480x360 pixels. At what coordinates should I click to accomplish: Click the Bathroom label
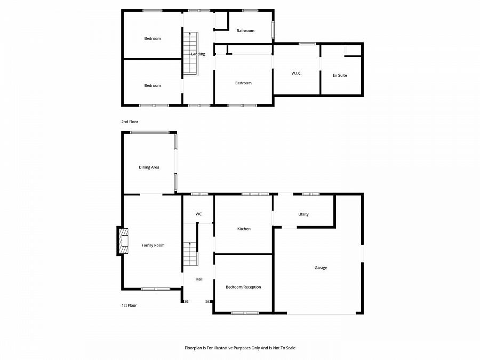point(245,31)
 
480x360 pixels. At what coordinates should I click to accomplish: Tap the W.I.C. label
point(297,73)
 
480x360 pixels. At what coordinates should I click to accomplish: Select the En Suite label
point(340,75)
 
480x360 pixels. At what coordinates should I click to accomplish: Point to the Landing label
point(198,54)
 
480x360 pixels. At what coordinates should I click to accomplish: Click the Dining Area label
point(149,167)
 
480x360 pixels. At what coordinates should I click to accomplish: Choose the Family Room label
point(153,245)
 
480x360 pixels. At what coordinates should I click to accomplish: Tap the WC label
point(198,214)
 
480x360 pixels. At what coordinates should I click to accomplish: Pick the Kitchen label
point(244,229)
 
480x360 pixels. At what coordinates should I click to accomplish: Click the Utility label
point(303,214)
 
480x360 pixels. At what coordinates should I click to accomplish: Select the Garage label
point(321,268)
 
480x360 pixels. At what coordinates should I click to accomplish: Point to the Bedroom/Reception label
point(243,287)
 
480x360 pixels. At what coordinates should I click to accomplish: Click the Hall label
point(199,279)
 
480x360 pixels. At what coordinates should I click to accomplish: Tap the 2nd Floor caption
point(130,122)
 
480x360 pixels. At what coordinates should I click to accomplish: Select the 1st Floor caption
point(129,306)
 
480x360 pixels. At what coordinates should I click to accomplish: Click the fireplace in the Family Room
point(123,242)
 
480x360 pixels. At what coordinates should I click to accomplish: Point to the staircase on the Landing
point(191,53)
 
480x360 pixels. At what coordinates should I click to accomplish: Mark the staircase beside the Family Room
point(190,254)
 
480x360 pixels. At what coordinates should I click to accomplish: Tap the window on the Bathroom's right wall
point(274,30)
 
